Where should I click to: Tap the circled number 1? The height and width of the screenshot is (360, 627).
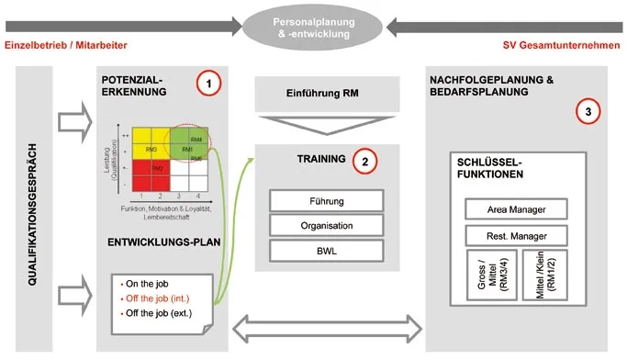[x=209, y=84]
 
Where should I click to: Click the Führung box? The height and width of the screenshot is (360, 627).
[x=326, y=200]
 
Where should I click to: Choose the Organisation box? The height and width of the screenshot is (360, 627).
[x=326, y=224]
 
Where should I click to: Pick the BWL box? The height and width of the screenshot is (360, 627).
[x=326, y=249]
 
